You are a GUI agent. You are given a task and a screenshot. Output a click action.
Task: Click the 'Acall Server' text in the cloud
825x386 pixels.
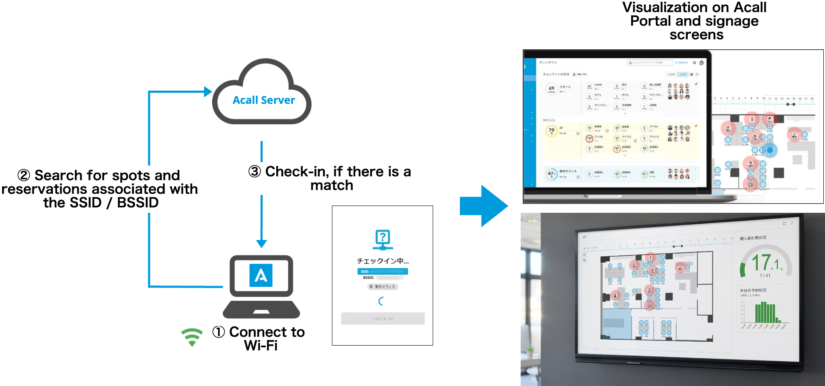[x=264, y=100]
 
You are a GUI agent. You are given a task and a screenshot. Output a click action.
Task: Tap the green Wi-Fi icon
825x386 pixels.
[x=192, y=337]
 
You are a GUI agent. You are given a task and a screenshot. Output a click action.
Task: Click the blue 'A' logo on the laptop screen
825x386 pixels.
[x=261, y=275]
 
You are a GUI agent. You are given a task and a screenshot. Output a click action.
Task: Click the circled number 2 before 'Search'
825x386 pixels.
[x=24, y=175]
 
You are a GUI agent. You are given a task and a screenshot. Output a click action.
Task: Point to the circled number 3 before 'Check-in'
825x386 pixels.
[x=255, y=172]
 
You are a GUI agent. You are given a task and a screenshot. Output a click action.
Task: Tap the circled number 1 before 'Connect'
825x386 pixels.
[x=218, y=332]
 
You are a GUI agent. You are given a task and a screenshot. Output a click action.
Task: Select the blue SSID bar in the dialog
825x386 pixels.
[x=383, y=272]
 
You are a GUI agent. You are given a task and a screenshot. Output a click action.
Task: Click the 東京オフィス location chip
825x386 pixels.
[x=383, y=287]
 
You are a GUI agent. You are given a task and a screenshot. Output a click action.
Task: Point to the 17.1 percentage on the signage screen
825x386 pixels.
[x=765, y=263]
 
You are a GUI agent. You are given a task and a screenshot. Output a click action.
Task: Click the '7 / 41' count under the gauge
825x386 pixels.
[x=765, y=276]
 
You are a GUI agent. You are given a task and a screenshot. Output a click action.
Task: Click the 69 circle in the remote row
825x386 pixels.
[x=551, y=89]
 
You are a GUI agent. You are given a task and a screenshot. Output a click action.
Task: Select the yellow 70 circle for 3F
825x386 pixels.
[x=551, y=131]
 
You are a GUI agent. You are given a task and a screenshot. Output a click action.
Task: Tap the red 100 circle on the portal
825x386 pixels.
[x=589, y=138]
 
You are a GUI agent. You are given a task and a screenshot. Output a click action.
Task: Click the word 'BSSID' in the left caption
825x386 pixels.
[x=138, y=203]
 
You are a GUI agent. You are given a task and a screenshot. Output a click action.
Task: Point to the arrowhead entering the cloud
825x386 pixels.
[x=208, y=91]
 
